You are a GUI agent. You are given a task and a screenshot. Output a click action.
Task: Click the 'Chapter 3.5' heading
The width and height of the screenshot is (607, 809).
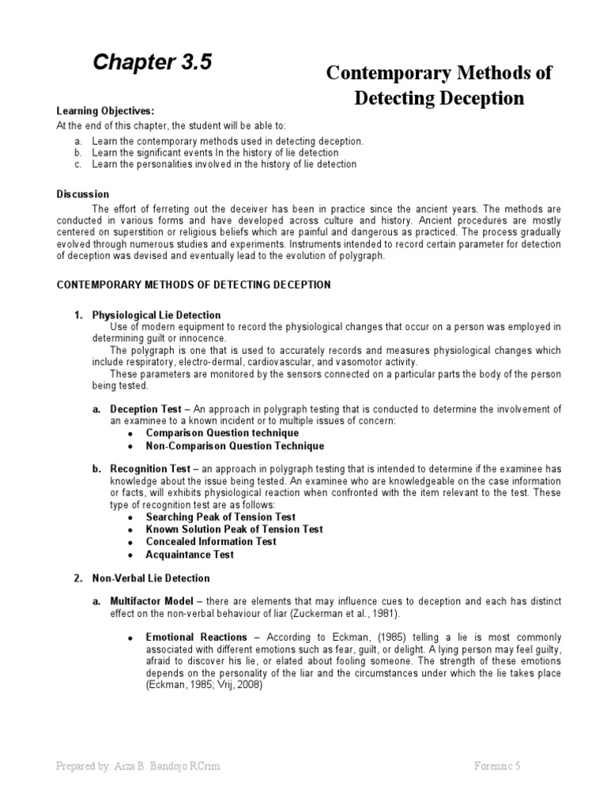(x=153, y=62)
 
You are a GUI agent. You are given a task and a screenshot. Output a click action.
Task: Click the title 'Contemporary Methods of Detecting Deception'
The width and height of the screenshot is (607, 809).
(x=439, y=85)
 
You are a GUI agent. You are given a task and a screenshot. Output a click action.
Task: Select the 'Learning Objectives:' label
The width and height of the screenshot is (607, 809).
(x=105, y=111)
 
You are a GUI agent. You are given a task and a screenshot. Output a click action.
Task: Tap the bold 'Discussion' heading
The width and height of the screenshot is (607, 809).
(x=83, y=194)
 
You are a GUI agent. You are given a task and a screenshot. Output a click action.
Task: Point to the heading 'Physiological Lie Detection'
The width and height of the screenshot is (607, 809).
(x=156, y=315)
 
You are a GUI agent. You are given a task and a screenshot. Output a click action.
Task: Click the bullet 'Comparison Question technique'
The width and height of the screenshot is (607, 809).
(x=222, y=433)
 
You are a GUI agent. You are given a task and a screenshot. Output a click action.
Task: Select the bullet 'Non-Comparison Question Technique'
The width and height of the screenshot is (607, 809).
(x=224, y=446)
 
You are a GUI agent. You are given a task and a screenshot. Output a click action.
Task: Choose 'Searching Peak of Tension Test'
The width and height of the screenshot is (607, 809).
(x=221, y=517)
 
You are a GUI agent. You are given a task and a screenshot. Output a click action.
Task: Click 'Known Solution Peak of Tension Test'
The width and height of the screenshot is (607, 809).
(x=234, y=529)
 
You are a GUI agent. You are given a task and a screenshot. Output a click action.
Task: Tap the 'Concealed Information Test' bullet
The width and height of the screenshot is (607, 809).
(x=211, y=542)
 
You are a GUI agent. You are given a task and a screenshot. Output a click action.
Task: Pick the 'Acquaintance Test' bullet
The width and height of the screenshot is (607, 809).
(x=190, y=555)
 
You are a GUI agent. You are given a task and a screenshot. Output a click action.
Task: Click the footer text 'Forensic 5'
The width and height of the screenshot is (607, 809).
(x=496, y=766)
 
